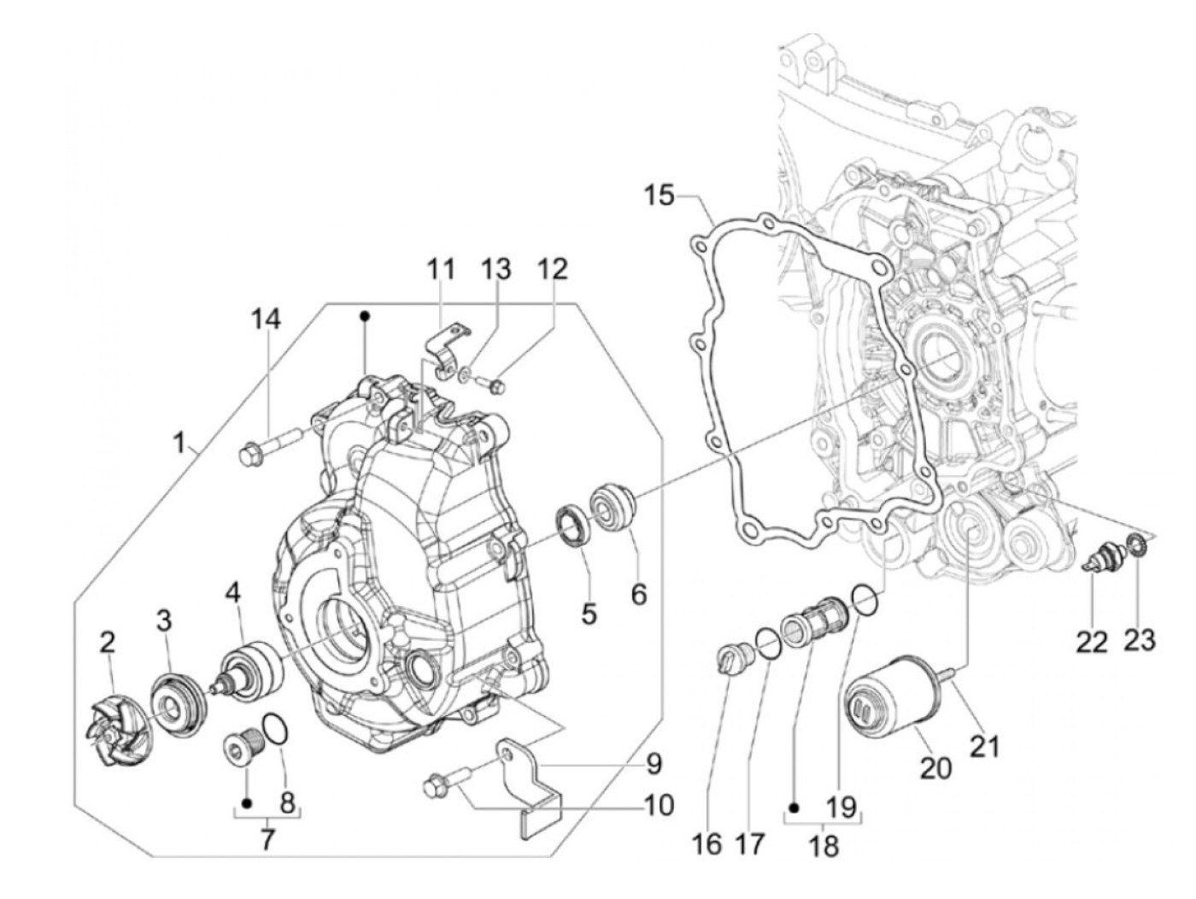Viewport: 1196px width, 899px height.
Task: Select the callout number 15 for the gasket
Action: point(660,197)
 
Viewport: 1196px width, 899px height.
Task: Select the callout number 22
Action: point(1092,644)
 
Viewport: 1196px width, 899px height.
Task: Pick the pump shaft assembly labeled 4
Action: point(254,667)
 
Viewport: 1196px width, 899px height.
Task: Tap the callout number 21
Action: point(987,746)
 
